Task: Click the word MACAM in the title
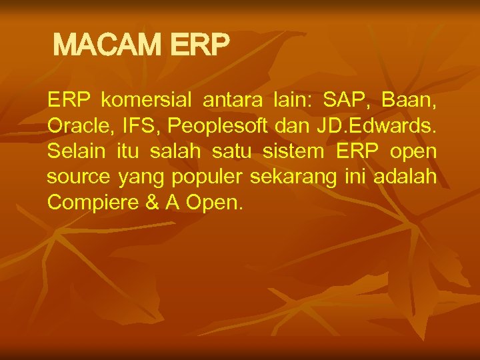coord(107,45)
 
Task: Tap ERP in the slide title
coord(200,45)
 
